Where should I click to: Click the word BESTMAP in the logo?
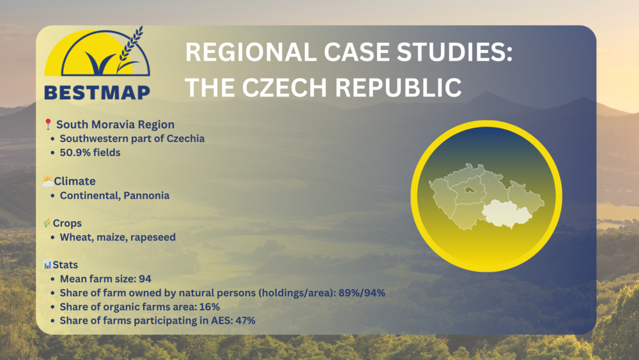[x=97, y=92]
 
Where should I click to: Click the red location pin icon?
[x=48, y=124]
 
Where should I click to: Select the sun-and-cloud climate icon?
[x=48, y=180]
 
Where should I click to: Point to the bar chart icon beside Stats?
[x=47, y=265]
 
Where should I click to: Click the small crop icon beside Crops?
[x=47, y=223]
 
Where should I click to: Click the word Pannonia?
[x=146, y=196]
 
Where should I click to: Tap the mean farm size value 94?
[x=145, y=279]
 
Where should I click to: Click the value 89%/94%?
[x=362, y=293]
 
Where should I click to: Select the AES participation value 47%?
[x=245, y=320]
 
